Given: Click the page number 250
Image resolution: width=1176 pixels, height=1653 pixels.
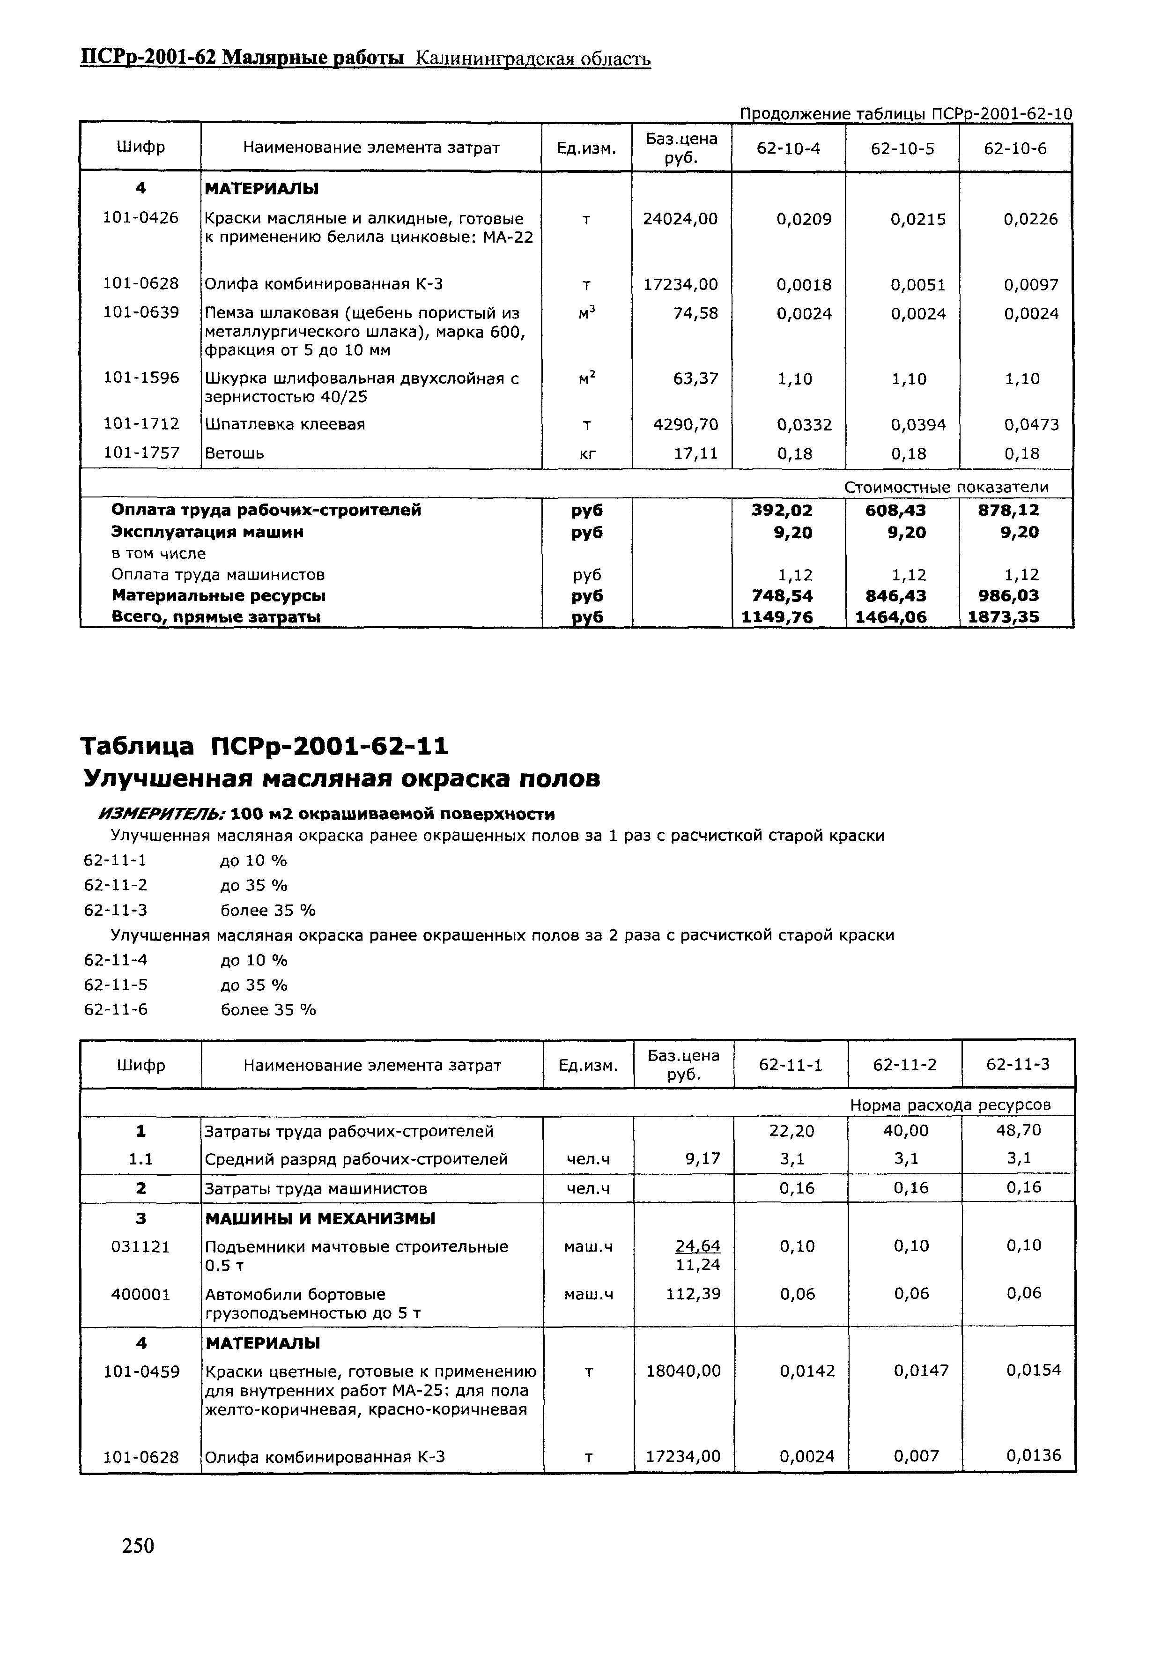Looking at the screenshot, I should pyautogui.click(x=138, y=1546).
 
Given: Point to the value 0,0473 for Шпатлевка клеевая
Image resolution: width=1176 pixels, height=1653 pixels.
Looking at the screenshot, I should pyautogui.click(x=1031, y=425).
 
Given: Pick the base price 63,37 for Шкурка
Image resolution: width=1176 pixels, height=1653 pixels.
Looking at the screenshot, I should pyautogui.click(x=695, y=378).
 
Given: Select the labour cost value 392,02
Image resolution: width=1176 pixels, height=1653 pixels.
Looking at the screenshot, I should pyautogui.click(x=782, y=511).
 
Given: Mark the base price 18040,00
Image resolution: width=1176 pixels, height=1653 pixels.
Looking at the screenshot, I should pyautogui.click(x=683, y=1371).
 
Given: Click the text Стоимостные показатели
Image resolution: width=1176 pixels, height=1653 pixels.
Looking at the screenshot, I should pyautogui.click(x=946, y=487).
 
